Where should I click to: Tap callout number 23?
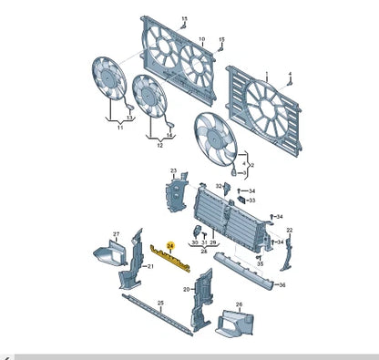point(172,170)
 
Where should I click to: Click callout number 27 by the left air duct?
point(116,234)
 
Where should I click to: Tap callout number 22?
point(290,230)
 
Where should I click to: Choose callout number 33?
point(252,200)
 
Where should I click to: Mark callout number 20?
point(186,290)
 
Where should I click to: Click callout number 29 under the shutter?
point(212,242)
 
